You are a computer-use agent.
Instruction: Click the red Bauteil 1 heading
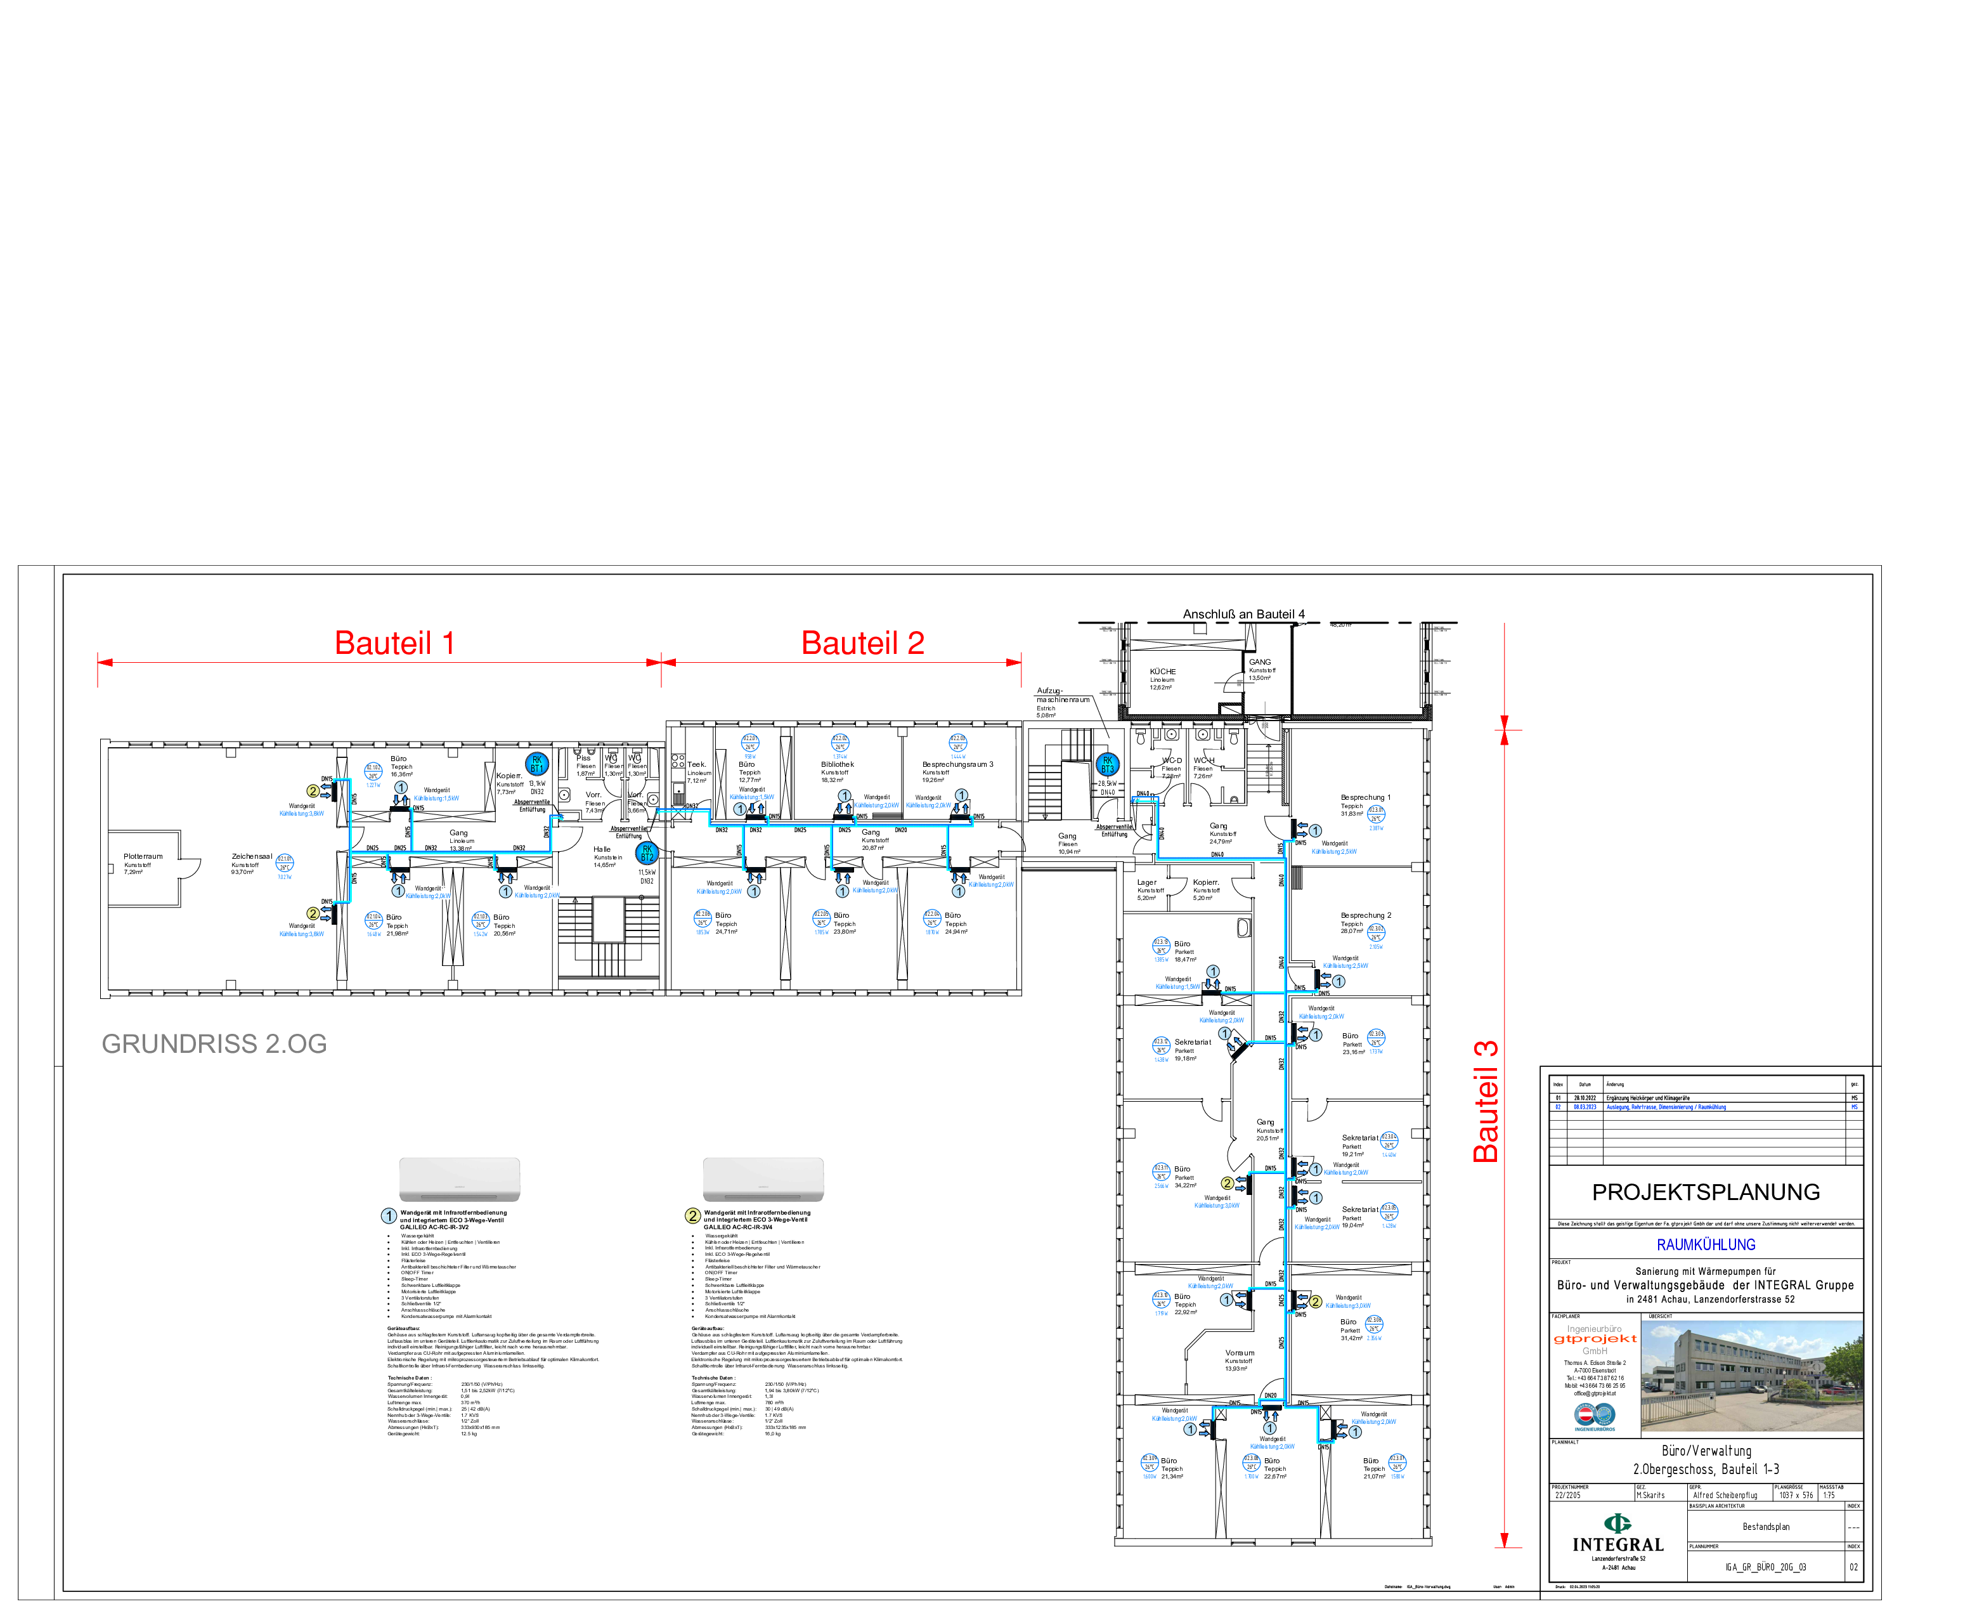(394, 643)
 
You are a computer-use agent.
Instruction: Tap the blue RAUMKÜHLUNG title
(1705, 1245)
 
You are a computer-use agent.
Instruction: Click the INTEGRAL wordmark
(1617, 1545)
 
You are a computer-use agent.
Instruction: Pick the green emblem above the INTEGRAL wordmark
(1617, 1523)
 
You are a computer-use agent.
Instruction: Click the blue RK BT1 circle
(536, 764)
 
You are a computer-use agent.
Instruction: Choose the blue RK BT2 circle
(647, 853)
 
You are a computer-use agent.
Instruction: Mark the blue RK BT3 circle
(1107, 765)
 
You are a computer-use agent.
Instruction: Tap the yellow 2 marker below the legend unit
(692, 1217)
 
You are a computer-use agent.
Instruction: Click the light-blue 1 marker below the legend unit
(389, 1217)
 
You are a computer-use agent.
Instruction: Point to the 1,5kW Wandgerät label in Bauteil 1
(436, 794)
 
